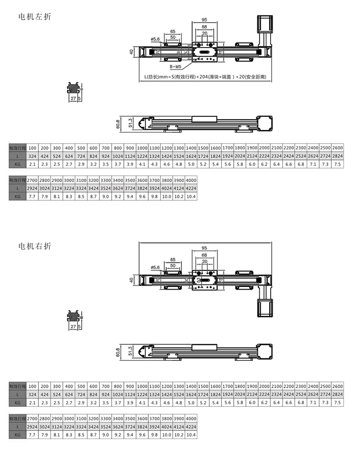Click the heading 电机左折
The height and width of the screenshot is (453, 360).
[34, 16]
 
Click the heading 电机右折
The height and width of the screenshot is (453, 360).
[34, 246]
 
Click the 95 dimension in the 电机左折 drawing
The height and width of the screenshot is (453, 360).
[204, 20]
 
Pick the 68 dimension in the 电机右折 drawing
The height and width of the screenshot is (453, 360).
[204, 255]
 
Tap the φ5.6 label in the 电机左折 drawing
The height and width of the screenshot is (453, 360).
[155, 39]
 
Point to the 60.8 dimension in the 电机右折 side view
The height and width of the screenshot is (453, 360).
[118, 353]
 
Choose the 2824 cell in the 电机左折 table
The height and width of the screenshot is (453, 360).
[337, 157]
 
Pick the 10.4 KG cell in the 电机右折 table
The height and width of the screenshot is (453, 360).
[191, 435]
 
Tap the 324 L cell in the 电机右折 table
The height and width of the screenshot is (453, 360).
[33, 394]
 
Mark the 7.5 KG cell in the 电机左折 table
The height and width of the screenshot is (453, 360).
[337, 165]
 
